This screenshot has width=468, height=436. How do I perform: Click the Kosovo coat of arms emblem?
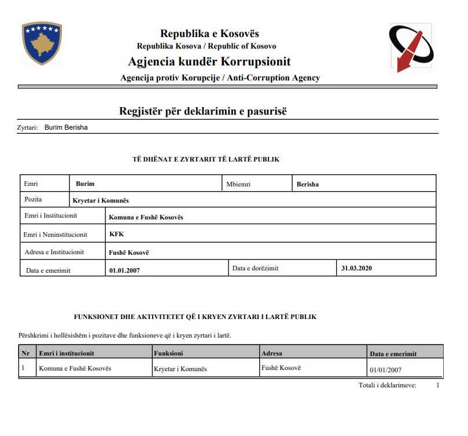[x=42, y=44]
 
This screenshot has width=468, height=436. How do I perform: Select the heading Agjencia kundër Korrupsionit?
[x=209, y=62]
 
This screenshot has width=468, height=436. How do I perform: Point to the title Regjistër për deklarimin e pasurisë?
[x=203, y=111]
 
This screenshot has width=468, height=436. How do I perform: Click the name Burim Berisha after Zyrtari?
[x=66, y=127]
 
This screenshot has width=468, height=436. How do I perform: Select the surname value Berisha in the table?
[x=308, y=184]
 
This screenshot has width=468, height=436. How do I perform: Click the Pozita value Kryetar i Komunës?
[x=101, y=200]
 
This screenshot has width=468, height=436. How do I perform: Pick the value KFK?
[x=117, y=234]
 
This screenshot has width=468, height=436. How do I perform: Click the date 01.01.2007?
[x=124, y=270]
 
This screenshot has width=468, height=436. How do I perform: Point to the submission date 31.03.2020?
[x=356, y=268]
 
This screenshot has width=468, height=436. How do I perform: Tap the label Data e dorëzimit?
[x=255, y=268]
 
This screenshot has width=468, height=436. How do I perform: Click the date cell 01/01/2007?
[x=385, y=369]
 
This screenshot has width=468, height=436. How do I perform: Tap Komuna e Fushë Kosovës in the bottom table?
[x=75, y=368]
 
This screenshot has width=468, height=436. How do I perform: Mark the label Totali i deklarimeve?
[x=387, y=385]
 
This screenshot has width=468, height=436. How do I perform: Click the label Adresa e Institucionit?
[x=54, y=252]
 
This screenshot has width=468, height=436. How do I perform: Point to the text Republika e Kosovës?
[x=209, y=34]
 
